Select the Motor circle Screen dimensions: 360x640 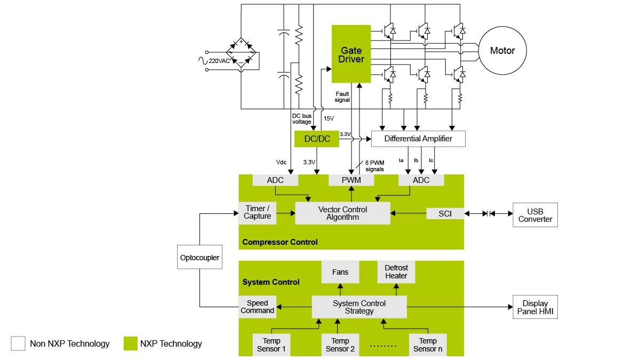[502, 51]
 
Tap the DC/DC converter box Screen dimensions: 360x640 [316, 139]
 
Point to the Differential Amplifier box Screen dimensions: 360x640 [418, 139]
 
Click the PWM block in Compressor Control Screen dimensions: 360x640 [351, 180]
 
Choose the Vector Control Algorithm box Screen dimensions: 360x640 [342, 213]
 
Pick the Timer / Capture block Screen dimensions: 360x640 [258, 212]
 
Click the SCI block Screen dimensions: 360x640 [445, 213]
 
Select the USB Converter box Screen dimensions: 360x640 [535, 215]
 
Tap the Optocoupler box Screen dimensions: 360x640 [199, 258]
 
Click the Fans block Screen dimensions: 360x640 [340, 272]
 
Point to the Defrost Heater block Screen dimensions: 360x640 [396, 272]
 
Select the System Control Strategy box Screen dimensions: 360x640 [359, 307]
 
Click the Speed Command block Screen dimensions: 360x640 [258, 307]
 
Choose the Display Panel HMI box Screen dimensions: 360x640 [535, 307]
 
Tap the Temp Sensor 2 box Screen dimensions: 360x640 [340, 345]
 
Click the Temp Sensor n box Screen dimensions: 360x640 [428, 345]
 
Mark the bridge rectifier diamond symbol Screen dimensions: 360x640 [241, 53]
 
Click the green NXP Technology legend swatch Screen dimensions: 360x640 [130, 343]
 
